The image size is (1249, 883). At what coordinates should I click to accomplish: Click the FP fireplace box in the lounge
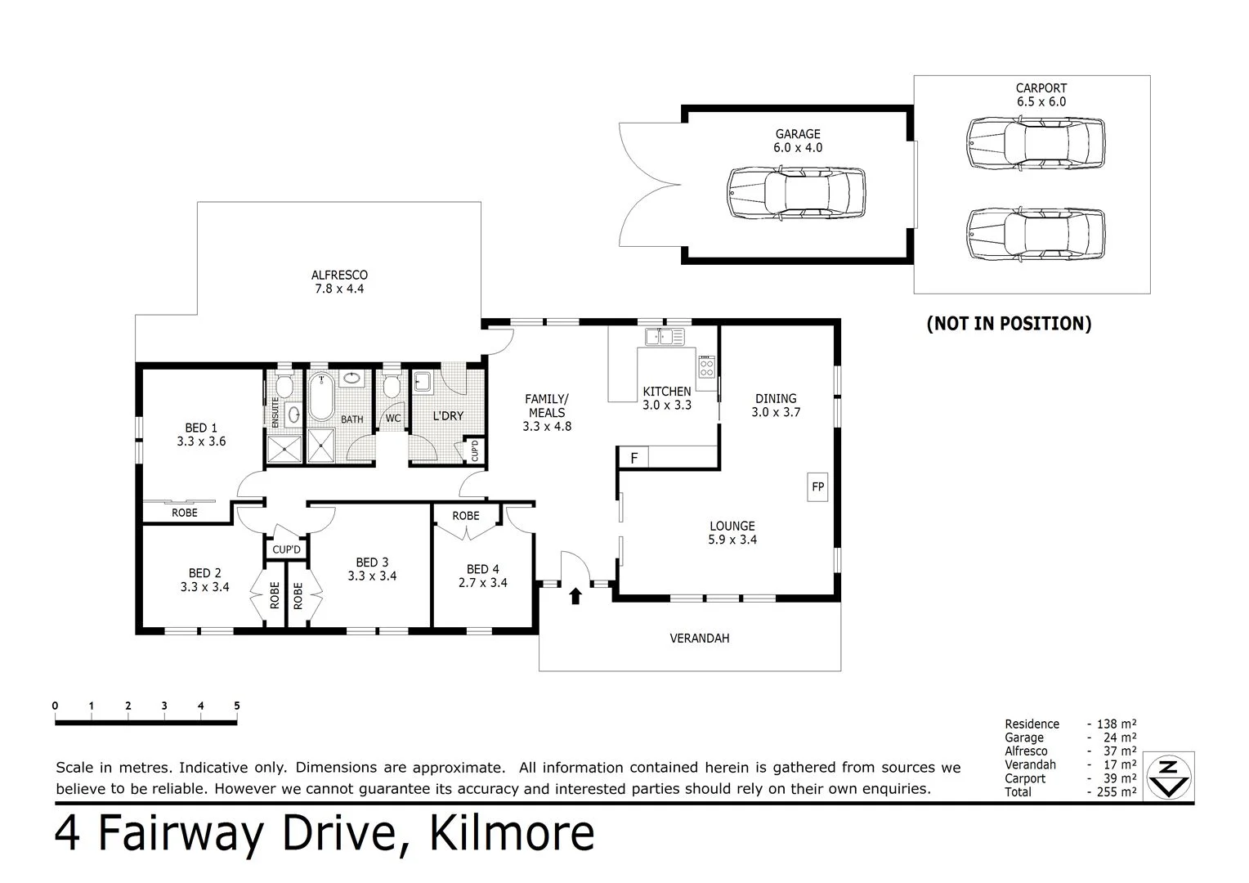817,487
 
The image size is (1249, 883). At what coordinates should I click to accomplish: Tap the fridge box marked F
633,458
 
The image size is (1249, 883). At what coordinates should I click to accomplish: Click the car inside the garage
796,192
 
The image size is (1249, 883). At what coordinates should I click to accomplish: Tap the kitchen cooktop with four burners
706,366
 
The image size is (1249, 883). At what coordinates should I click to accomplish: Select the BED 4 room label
482,569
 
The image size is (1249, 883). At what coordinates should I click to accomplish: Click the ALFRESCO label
339,276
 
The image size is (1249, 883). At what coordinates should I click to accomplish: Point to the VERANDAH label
699,638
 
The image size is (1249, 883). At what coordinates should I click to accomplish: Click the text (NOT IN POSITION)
1009,324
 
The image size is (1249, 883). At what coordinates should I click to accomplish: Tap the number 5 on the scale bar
236,706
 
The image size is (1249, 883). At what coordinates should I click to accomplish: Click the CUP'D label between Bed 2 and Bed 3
286,549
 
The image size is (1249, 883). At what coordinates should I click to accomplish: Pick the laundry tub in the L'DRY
423,382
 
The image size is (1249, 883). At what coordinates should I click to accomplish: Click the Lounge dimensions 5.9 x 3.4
732,540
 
